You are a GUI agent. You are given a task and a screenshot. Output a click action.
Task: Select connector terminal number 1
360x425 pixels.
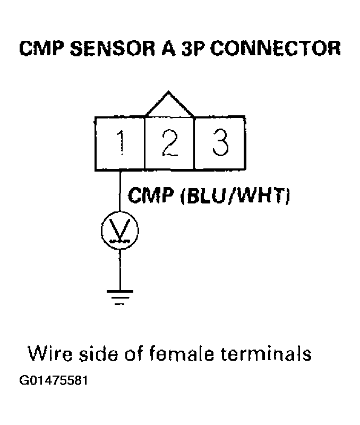pos(121,142)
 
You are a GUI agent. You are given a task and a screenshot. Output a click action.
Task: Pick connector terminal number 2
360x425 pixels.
pos(170,142)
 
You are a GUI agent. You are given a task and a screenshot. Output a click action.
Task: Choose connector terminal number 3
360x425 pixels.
pos(219,142)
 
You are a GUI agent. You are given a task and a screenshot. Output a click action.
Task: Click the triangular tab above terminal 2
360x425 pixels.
pos(170,105)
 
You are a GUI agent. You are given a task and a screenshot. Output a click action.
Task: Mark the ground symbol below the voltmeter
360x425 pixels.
pos(121,296)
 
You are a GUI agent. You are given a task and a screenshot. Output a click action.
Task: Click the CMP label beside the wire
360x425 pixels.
pos(152,197)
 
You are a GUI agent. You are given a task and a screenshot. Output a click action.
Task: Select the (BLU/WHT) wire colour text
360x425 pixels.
pos(235,197)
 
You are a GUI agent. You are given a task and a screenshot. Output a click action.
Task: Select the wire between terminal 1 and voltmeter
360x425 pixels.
pos(121,191)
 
